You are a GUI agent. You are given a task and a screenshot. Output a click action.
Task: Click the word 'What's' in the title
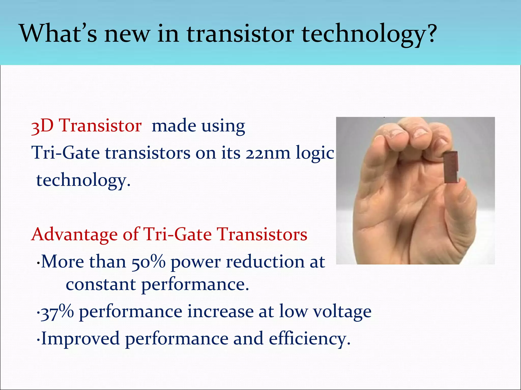(58, 34)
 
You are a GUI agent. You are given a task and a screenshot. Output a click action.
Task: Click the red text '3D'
(42, 126)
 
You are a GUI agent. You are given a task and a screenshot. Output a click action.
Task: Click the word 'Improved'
(80, 339)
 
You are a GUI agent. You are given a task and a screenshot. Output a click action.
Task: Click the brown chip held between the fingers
(451, 167)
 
